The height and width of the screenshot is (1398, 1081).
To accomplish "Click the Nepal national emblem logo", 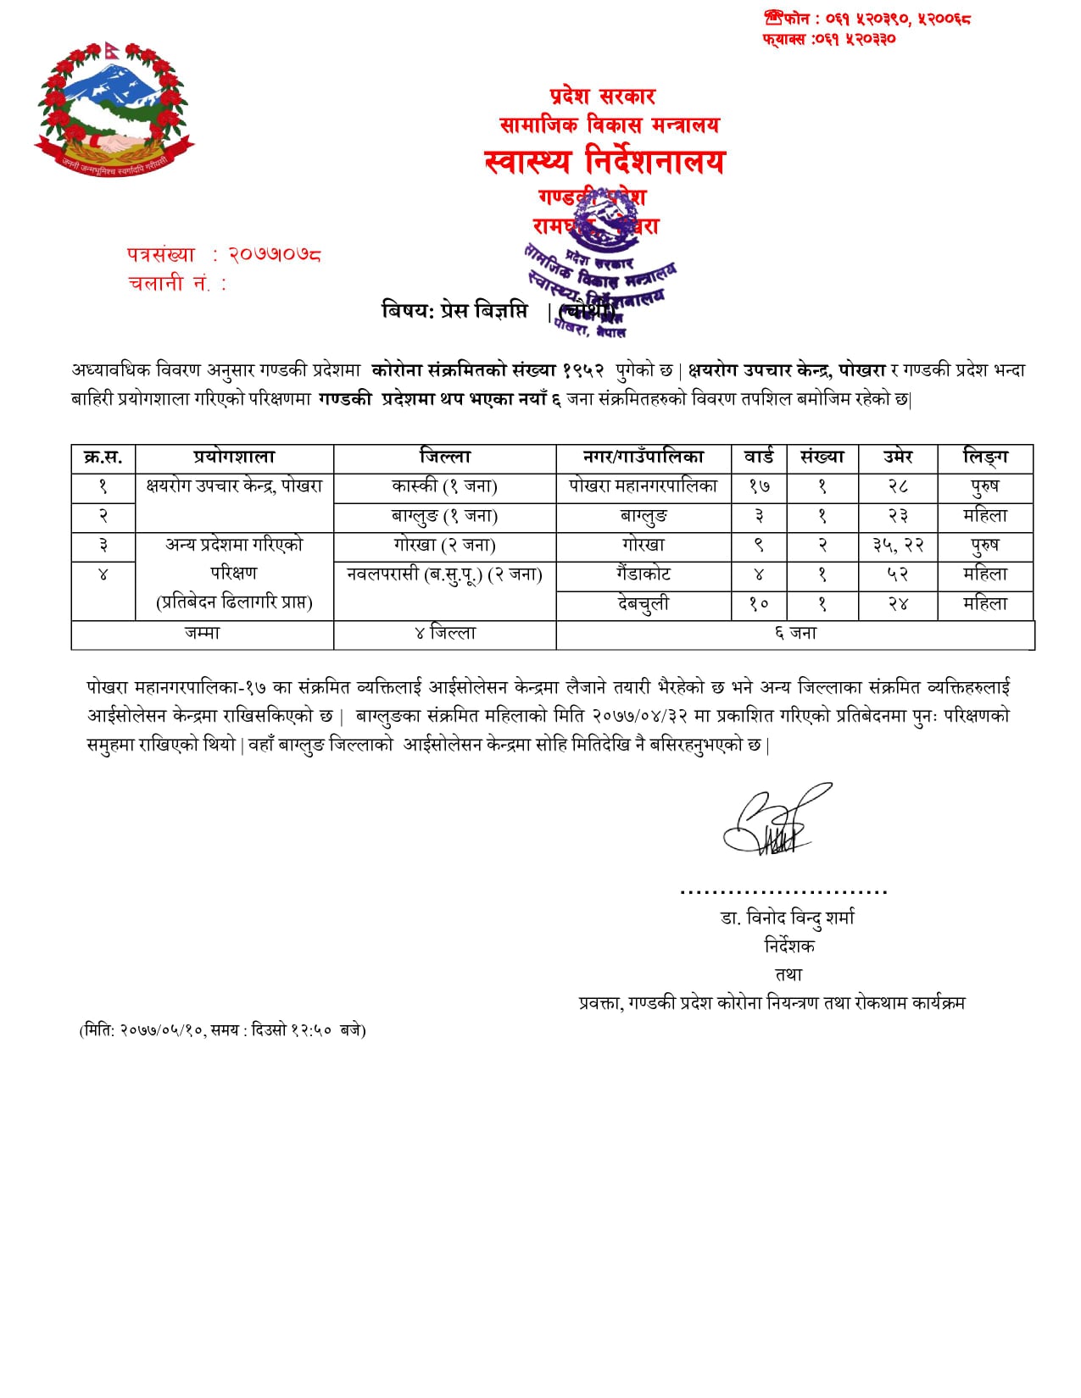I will point(114,109).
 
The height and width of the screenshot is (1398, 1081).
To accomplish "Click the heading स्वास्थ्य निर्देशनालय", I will point(604,161).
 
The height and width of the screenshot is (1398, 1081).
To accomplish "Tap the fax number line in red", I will point(828,39).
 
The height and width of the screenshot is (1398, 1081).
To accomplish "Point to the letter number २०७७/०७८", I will point(275,254).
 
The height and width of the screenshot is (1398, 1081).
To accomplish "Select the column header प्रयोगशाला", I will point(234,458).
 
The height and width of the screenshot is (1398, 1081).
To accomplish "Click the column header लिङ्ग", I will point(984,458).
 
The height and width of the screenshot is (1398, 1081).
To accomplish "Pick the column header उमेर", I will point(897,458).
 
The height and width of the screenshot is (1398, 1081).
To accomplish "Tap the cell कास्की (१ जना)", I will point(444,486).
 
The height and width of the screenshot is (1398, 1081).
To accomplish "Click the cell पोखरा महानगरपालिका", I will point(643,486).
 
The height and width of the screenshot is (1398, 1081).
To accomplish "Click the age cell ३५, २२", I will point(897,546).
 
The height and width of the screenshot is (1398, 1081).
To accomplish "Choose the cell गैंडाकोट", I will point(643,574).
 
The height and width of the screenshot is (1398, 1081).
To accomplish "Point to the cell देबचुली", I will point(643,604).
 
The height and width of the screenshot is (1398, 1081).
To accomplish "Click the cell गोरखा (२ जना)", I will point(444,546).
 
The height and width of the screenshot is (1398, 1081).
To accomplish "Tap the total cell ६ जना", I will point(794,634).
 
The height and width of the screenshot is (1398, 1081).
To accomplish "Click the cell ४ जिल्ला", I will point(444,634).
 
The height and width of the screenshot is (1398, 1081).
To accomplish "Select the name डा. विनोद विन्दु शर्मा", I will point(787,918).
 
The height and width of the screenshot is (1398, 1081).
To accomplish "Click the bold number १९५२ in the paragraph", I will point(583,370).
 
